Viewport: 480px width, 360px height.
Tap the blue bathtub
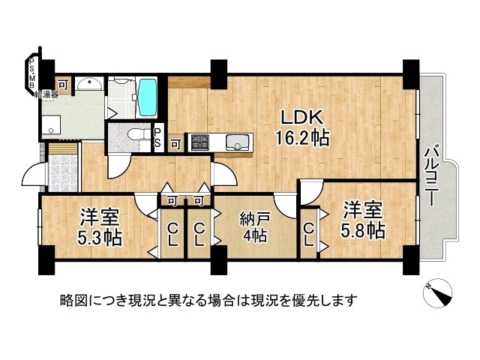click(x=147, y=95)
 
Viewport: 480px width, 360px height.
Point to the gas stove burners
click(x=201, y=141)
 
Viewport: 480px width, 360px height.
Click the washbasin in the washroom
click(x=88, y=84)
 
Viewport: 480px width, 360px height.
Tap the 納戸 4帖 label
click(x=253, y=226)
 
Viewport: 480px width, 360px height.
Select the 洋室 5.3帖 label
click(x=100, y=228)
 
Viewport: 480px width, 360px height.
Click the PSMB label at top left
click(x=31, y=73)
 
